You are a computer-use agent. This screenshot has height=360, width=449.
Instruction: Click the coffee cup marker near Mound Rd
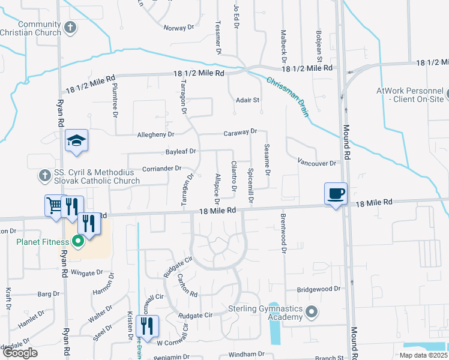(336, 194)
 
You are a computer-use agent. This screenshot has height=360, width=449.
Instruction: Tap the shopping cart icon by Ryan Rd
(53, 206)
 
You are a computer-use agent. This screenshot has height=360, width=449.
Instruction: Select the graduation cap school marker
(76, 141)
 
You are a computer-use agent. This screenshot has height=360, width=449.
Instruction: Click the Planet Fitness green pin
(77, 242)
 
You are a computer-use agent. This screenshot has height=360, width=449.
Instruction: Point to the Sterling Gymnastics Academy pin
(311, 312)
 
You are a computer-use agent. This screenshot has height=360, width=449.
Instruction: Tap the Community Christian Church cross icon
(71, 27)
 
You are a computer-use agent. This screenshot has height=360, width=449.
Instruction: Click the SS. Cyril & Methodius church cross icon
(44, 176)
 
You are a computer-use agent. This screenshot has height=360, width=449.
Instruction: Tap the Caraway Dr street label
(240, 131)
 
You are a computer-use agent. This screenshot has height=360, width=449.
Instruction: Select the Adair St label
(247, 100)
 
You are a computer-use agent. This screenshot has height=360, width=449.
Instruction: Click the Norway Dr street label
(179, 28)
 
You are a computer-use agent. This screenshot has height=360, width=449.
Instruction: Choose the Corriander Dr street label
(161, 169)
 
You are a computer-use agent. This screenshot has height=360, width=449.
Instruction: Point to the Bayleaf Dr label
(180, 152)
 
